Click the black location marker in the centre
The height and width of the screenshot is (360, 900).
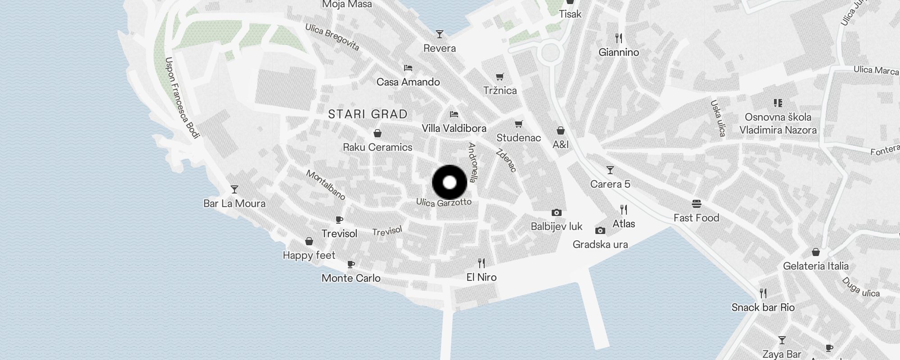tap(450, 182)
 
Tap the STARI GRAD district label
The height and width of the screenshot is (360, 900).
tap(368, 114)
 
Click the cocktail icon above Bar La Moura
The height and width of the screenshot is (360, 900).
tap(234, 189)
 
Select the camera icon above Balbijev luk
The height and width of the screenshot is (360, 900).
tap(557, 212)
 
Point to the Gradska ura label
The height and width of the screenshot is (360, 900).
tap(600, 244)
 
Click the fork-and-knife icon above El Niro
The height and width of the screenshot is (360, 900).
tap(481, 263)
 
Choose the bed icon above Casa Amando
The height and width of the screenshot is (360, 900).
tap(408, 68)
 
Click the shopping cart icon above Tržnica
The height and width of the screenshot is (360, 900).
tap(500, 77)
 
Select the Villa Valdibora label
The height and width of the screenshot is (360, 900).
tap(454, 129)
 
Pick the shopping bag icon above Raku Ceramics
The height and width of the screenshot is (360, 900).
tap(378, 133)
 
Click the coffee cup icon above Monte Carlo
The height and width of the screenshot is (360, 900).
tap(351, 264)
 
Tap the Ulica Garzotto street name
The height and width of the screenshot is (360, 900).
tap(444, 202)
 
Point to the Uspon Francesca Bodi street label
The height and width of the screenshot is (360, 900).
tap(182, 97)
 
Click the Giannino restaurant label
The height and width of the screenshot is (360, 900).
tap(619, 53)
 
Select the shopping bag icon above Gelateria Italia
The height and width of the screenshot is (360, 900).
tap(816, 252)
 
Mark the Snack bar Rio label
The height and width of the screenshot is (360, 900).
tap(763, 308)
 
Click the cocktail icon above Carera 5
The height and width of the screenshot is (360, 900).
tap(610, 170)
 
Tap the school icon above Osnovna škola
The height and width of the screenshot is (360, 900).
tap(778, 103)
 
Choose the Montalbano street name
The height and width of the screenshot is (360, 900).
tap(326, 184)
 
